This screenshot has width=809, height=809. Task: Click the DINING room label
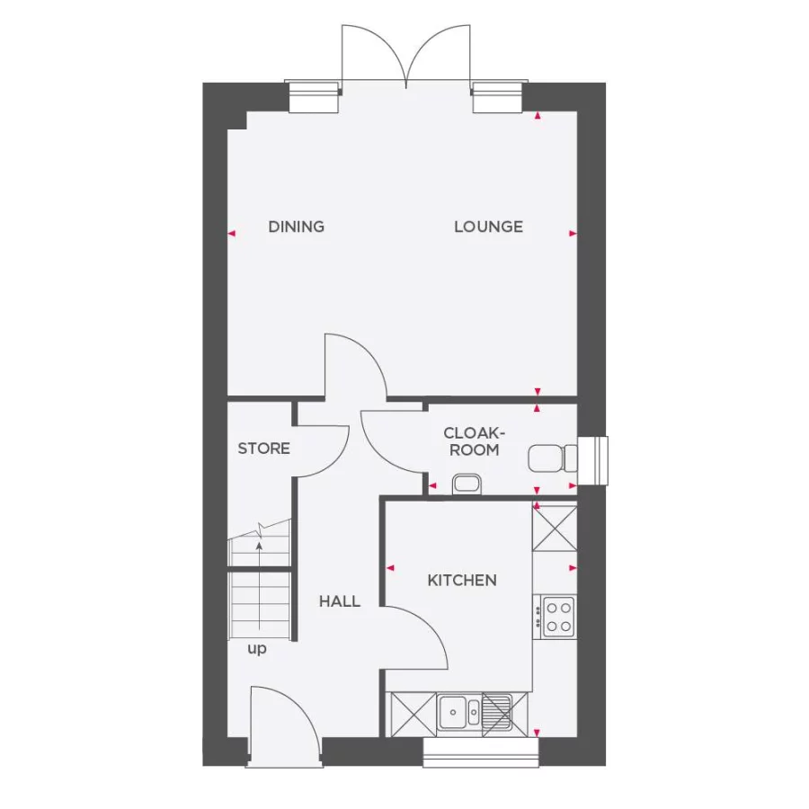(x=296, y=227)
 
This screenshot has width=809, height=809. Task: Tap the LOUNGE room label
(x=488, y=227)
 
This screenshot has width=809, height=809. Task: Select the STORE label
(x=263, y=448)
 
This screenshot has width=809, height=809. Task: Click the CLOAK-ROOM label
(x=471, y=441)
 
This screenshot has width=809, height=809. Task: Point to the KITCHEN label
(x=461, y=581)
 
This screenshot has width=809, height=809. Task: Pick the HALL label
(x=339, y=601)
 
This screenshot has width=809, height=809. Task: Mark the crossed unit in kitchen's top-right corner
(x=555, y=527)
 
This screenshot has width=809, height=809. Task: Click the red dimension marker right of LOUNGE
(x=573, y=234)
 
